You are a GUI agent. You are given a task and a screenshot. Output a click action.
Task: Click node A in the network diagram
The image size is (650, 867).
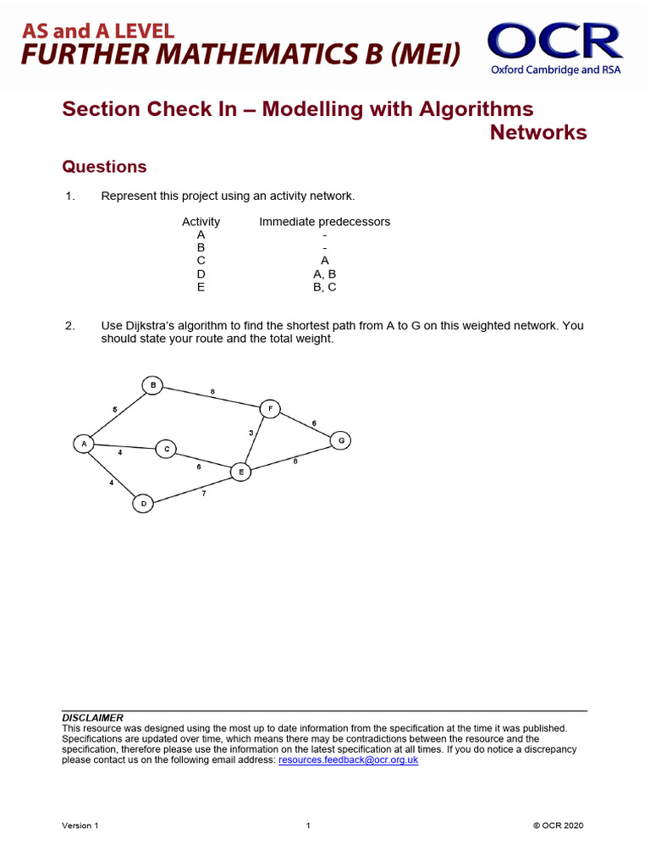[84, 444]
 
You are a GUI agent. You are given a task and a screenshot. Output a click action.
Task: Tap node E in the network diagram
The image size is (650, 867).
[241, 472]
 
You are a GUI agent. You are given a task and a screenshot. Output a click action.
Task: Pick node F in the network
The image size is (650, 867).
[269, 408]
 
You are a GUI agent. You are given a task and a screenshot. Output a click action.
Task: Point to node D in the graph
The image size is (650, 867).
[143, 504]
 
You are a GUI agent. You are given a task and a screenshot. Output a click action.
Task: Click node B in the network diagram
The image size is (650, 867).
[152, 385]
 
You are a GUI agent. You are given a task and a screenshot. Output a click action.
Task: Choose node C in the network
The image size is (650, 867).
[166, 449]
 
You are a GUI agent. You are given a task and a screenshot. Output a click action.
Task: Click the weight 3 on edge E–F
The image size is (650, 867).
[251, 433]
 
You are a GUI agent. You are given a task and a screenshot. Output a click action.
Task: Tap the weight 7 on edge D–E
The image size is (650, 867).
[203, 493]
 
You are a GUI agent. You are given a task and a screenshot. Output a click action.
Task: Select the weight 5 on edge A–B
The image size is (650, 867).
[114, 410]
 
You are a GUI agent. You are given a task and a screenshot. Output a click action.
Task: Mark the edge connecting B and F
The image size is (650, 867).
[212, 397]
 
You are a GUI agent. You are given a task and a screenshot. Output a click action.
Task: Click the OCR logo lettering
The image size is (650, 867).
[554, 41]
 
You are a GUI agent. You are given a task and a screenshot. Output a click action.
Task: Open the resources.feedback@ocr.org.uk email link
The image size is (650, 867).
[348, 760]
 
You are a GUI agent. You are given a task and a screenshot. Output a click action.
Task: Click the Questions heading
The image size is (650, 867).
[105, 167]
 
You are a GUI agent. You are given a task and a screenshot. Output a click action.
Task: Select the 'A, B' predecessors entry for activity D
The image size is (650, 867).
[324, 274]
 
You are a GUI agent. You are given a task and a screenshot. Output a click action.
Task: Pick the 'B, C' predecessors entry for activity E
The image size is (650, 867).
[324, 287]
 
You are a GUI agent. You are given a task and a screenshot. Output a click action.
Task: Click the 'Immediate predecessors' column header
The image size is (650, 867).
[324, 222]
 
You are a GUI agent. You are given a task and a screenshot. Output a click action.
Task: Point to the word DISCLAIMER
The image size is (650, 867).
[93, 717]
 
